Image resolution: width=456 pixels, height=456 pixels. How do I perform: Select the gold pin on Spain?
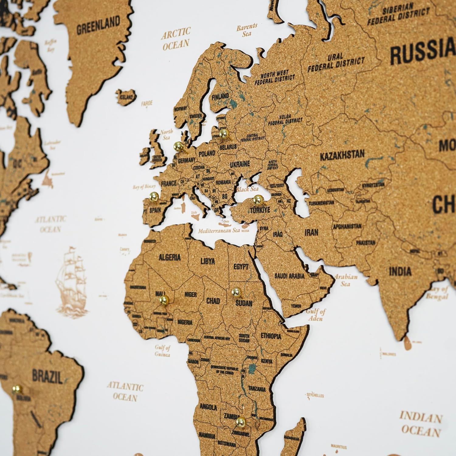coord(154,196)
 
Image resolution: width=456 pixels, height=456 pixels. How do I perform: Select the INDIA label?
coord(400,271)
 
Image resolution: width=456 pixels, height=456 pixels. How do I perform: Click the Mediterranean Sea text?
coord(219,231)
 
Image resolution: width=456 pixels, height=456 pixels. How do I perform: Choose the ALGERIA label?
coord(170,257)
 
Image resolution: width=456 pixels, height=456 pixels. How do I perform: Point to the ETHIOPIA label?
coord(271,336)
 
